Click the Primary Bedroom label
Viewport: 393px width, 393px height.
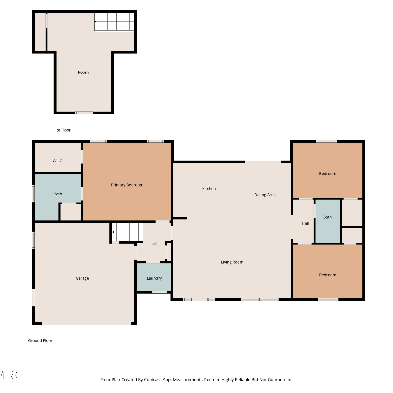click(127, 185)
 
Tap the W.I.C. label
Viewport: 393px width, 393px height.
click(58, 161)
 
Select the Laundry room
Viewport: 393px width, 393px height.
click(154, 277)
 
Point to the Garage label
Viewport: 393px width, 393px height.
click(82, 278)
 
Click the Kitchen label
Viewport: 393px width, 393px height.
click(209, 189)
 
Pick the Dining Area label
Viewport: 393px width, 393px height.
click(265, 195)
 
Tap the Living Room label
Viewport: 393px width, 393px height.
click(232, 262)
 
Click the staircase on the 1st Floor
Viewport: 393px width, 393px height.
click(114, 22)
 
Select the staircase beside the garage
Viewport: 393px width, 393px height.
click(127, 232)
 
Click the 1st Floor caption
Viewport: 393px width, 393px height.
click(63, 130)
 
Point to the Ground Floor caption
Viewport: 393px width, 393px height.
click(40, 341)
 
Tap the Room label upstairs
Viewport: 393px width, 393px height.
click(83, 72)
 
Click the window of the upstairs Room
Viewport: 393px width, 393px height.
click(84, 113)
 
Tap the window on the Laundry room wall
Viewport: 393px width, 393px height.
click(160, 292)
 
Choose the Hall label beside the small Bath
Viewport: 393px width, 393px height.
click(305, 223)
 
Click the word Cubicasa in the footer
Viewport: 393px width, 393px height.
click(152, 380)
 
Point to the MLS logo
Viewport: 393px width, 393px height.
click(9, 375)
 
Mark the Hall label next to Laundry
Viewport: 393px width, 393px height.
click(153, 244)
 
